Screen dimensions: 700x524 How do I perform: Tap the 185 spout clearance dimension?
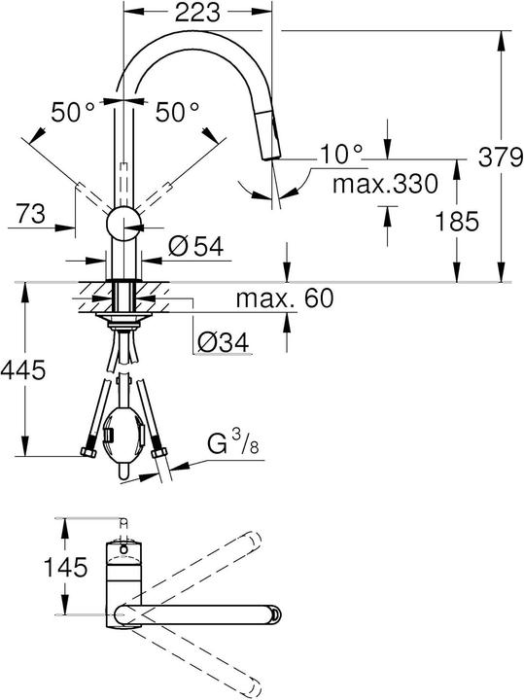point(456,221)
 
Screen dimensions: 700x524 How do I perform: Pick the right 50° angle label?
point(176,112)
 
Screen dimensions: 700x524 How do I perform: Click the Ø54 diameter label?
point(194,247)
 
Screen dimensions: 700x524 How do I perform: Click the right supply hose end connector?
point(161,453)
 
